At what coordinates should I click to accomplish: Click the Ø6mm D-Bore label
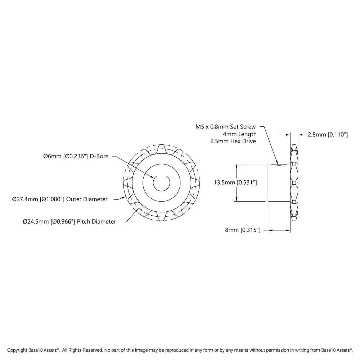[x=76, y=156]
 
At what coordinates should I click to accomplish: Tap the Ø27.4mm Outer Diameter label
[x=60, y=199]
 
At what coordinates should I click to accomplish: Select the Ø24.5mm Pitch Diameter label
[x=69, y=221]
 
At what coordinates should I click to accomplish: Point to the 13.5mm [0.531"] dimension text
[x=235, y=183]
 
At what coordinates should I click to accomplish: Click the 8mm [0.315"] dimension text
[x=243, y=230]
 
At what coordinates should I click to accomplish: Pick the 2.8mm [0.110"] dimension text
[x=328, y=135]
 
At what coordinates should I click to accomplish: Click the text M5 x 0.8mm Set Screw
[x=225, y=127]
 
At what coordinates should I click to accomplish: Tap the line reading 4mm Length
[x=240, y=134]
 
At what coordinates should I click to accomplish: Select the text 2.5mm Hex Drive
[x=233, y=141]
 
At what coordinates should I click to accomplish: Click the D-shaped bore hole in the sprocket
[x=161, y=183]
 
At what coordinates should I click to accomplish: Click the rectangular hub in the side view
[x=279, y=183]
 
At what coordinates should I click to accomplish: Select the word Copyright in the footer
[x=17, y=350]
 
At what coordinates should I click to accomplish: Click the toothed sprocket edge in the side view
[x=294, y=183]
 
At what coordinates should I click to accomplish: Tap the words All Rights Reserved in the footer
[x=82, y=350]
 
